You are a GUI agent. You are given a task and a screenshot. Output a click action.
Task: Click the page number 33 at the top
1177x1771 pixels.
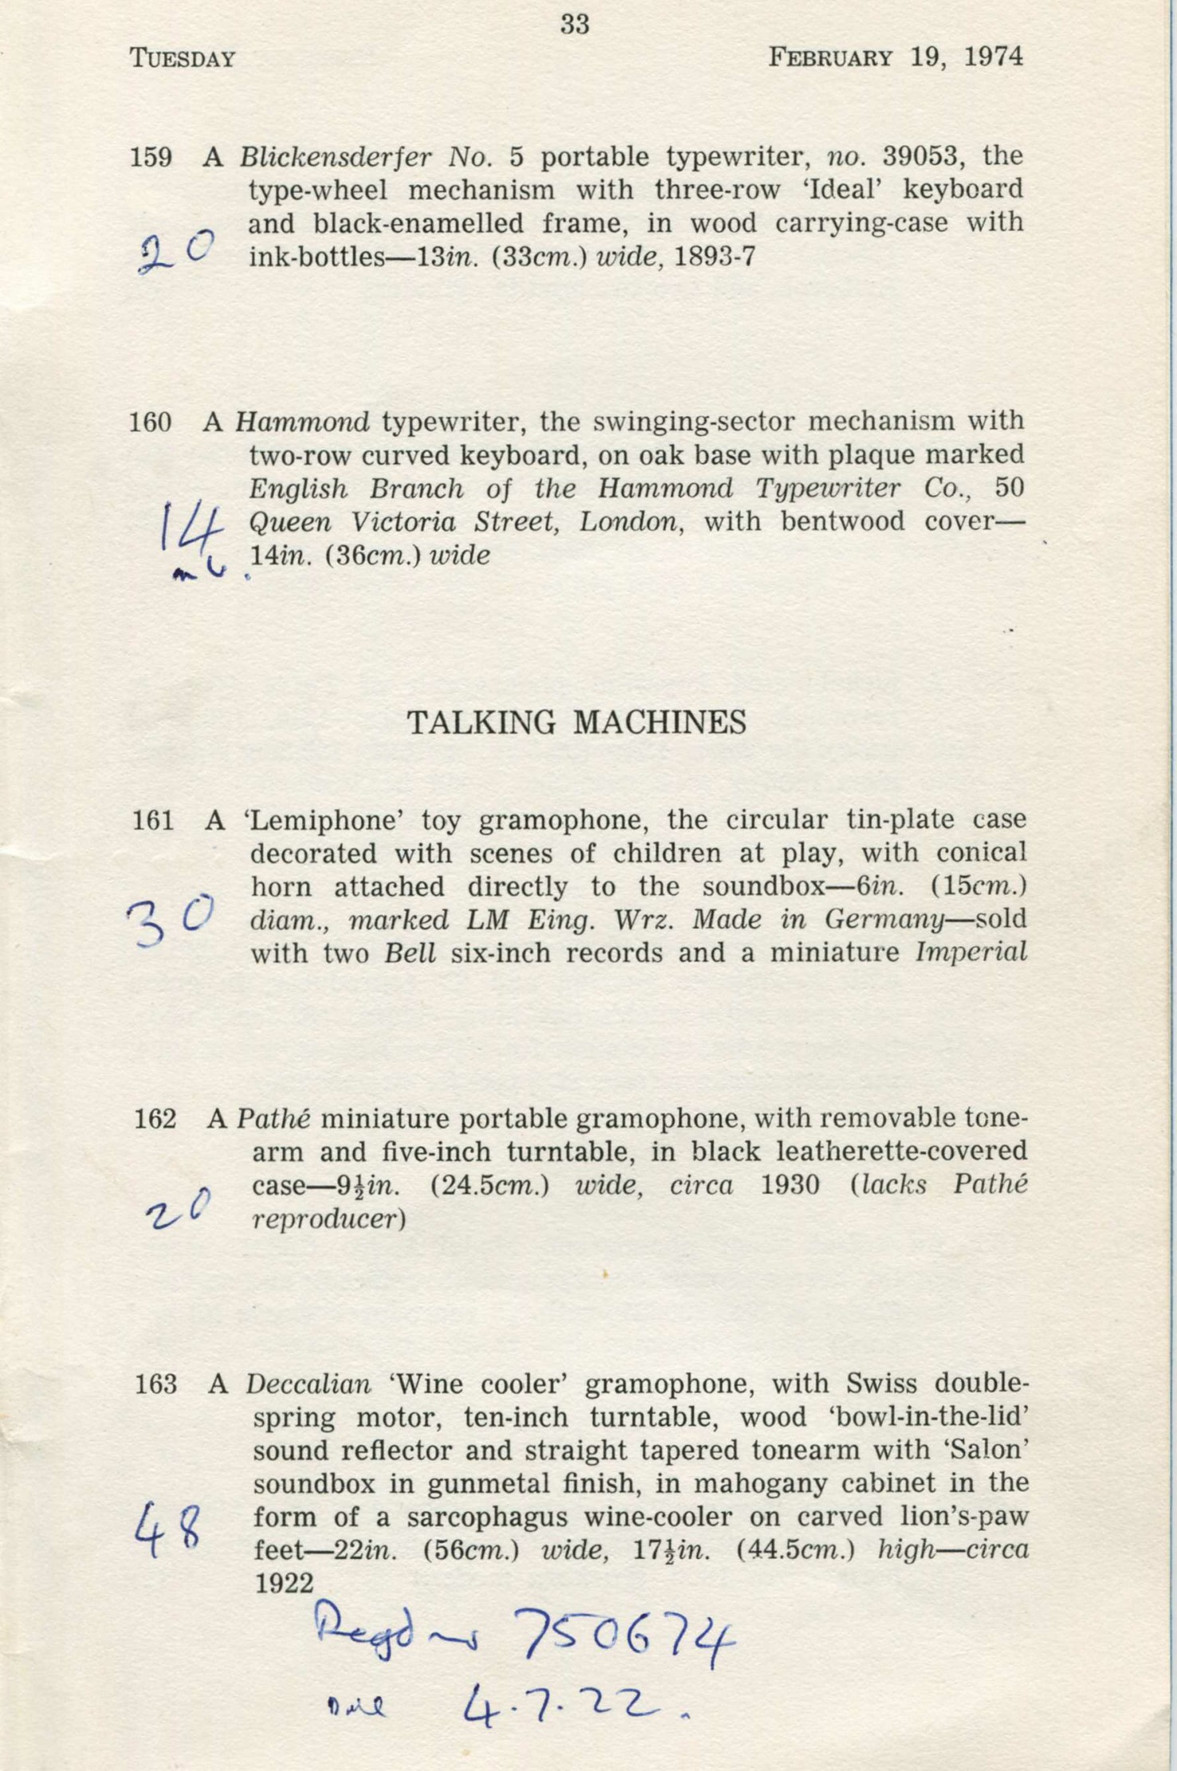[574, 25]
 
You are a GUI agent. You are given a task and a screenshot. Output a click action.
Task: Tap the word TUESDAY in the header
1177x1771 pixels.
[183, 59]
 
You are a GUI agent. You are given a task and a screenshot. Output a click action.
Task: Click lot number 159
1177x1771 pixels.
[151, 157]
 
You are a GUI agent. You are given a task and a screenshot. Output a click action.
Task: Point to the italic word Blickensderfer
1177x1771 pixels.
[336, 156]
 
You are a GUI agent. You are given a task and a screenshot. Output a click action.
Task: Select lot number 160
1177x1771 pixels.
[151, 422]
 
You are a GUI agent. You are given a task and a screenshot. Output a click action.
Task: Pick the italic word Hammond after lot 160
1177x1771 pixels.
[302, 421]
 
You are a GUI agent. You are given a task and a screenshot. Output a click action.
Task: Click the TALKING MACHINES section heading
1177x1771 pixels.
[577, 722]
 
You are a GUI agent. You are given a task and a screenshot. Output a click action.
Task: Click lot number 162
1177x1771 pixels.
[155, 1119]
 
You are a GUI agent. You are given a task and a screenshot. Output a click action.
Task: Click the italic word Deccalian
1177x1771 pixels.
[308, 1383]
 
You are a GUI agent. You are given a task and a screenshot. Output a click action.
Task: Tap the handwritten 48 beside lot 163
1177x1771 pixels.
[171, 1525]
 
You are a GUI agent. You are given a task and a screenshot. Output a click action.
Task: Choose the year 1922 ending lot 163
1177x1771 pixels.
[283, 1584]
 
